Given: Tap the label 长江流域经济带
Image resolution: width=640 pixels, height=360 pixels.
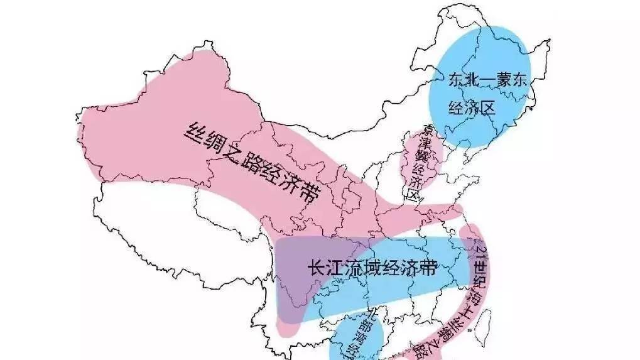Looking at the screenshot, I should tap(371, 268).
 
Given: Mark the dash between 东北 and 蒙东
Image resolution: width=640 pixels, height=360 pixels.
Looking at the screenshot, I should tap(487, 81).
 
